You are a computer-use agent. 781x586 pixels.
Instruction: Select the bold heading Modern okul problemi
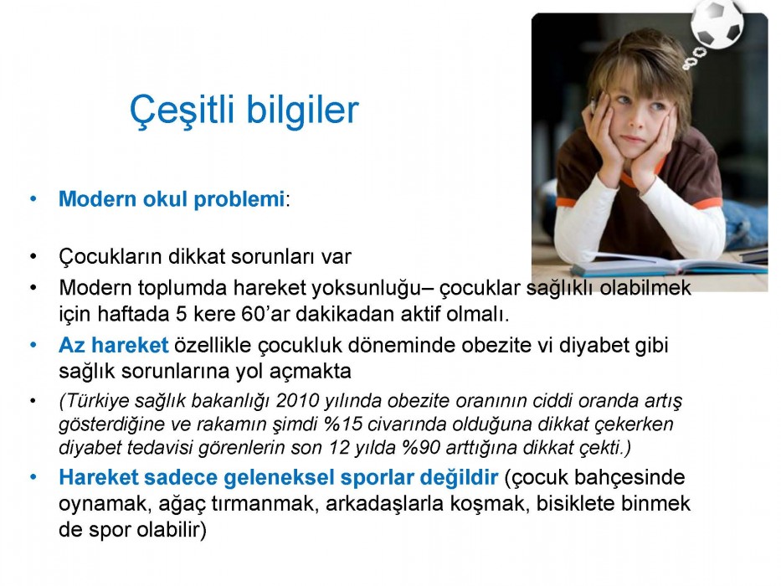pyautogui.click(x=172, y=199)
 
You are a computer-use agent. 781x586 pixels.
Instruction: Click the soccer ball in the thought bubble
pyautogui.click(x=717, y=25)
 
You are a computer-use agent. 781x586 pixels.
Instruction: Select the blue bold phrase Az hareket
pyautogui.click(x=114, y=345)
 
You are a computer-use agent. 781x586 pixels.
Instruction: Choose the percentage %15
pyautogui.click(x=343, y=424)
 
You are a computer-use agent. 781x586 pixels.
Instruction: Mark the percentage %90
pyautogui.click(x=421, y=448)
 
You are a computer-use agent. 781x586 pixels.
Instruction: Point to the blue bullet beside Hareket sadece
pyautogui.click(x=33, y=477)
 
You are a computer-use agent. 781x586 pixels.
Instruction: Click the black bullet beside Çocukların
pyautogui.click(x=33, y=257)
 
